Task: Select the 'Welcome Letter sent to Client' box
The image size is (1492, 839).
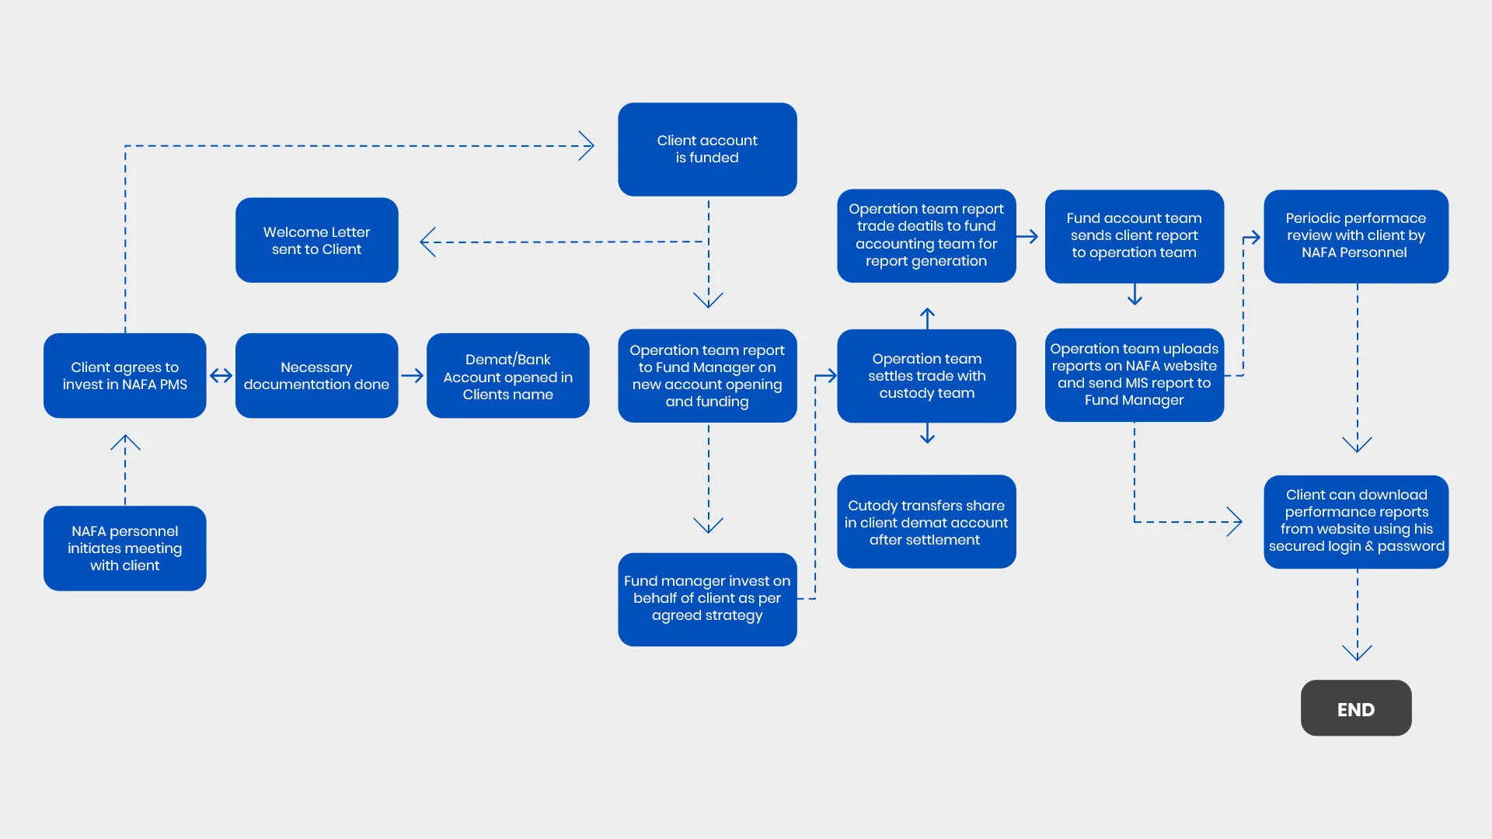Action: tap(316, 240)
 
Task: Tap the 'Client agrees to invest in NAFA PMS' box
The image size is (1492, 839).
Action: tap(124, 376)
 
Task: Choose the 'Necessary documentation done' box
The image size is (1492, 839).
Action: tap(316, 376)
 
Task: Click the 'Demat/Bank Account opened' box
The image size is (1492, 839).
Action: tap(507, 376)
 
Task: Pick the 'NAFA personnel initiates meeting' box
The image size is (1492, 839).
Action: tap(124, 548)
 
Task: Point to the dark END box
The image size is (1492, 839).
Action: tap(1356, 708)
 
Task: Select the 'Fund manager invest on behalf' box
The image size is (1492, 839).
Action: tap(707, 599)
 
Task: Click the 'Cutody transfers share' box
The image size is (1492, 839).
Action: tap(926, 522)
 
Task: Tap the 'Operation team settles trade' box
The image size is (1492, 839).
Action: tap(926, 376)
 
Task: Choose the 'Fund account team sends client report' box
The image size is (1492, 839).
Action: tap(1134, 236)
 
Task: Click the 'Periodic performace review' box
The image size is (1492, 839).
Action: tap(1356, 236)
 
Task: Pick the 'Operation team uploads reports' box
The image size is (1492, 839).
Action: tap(1134, 375)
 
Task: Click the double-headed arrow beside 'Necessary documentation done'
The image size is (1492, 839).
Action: tap(221, 376)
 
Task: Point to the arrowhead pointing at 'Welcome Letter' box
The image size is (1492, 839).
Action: tap(427, 242)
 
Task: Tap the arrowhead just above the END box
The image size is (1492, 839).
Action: tap(1357, 653)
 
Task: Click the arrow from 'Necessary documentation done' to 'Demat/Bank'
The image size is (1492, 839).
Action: tap(413, 376)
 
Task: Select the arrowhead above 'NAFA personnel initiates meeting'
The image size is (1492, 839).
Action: tap(125, 443)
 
